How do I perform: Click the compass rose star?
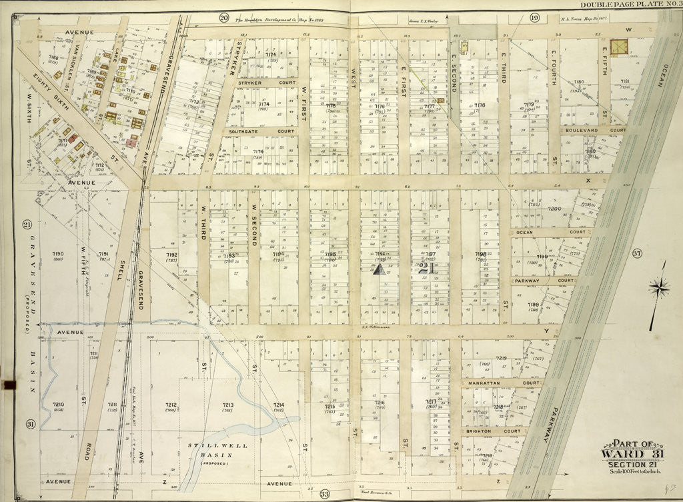[x=659, y=288]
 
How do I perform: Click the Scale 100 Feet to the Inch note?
[x=634, y=473]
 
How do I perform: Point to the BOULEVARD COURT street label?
[x=592, y=131]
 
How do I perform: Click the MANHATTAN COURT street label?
[x=501, y=383]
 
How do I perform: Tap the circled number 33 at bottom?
[x=325, y=494]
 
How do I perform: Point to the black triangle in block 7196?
[x=379, y=269]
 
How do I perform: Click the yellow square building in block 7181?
[x=620, y=47]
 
